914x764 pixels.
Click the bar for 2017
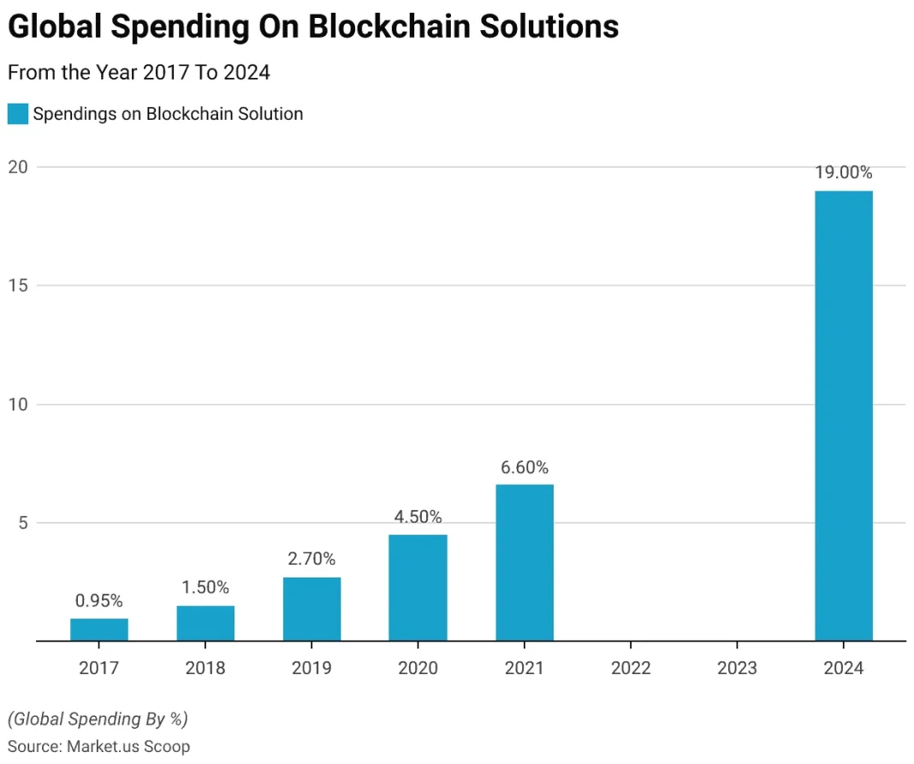(x=99, y=630)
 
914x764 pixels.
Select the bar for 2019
(x=312, y=609)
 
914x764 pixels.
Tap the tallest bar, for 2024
(x=843, y=416)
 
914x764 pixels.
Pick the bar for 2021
(x=525, y=563)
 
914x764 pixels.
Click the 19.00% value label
(x=843, y=173)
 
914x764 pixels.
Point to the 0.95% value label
(x=99, y=601)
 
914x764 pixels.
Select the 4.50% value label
(x=418, y=517)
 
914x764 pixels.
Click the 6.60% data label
(x=525, y=467)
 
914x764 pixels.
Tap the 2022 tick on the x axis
(x=631, y=667)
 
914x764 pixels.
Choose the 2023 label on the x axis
(x=737, y=667)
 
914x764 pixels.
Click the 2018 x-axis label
(x=205, y=667)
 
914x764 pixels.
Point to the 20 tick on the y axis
(x=19, y=167)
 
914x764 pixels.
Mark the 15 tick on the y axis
(x=19, y=286)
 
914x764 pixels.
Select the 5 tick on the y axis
(x=22, y=523)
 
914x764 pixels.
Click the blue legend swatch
(x=17, y=114)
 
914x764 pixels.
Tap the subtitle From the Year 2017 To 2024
(x=139, y=73)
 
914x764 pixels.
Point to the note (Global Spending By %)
(x=98, y=719)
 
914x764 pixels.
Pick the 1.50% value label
(x=205, y=588)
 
